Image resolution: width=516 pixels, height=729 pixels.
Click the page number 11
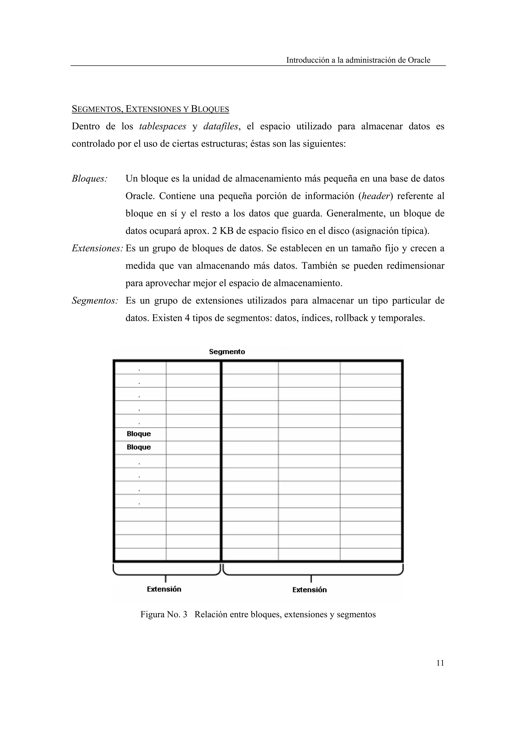(x=440, y=663)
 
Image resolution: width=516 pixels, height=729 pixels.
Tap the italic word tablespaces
(x=163, y=126)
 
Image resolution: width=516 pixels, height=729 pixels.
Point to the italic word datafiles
(x=220, y=126)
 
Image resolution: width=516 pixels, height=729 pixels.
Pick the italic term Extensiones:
(x=97, y=248)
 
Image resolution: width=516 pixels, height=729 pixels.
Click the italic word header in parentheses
(x=375, y=196)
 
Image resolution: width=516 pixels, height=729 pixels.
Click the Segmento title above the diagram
(x=227, y=352)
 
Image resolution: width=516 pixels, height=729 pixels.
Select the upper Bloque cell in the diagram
(x=139, y=434)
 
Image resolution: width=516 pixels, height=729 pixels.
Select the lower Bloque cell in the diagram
(x=139, y=447)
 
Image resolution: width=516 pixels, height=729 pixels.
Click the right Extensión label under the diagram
(x=309, y=590)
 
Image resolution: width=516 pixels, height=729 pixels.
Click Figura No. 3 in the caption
(x=164, y=614)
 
